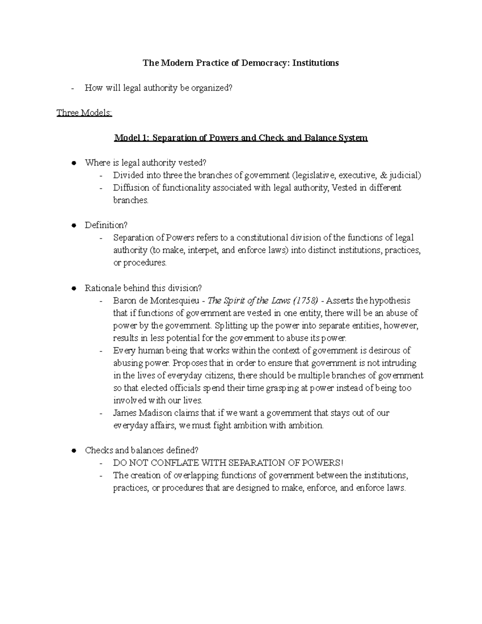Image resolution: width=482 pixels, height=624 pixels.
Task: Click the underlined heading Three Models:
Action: click(84, 113)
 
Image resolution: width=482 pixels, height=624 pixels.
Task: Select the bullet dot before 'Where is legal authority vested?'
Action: click(74, 163)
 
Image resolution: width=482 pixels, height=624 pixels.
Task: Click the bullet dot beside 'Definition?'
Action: click(74, 225)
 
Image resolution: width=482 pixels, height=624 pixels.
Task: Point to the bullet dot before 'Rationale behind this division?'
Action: click(74, 288)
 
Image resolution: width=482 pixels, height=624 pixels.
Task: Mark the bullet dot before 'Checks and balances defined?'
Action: click(74, 450)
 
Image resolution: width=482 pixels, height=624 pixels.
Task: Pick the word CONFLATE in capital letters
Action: click(180, 463)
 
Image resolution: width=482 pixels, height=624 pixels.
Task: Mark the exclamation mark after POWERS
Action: click(342, 463)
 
